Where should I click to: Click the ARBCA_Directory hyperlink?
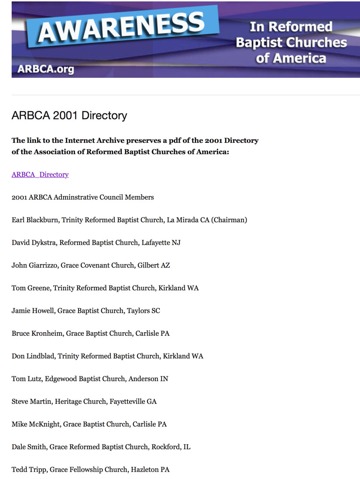coord(40,175)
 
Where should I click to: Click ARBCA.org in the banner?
coord(45,69)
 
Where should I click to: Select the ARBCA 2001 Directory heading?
coord(69,116)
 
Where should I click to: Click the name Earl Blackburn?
coord(35,220)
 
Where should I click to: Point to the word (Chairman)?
coord(229,220)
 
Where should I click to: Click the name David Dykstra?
coord(34,243)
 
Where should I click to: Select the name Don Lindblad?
coord(33,356)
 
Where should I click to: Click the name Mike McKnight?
coord(36,424)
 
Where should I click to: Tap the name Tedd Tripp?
coord(28,470)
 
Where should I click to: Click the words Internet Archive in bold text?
coord(94,141)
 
